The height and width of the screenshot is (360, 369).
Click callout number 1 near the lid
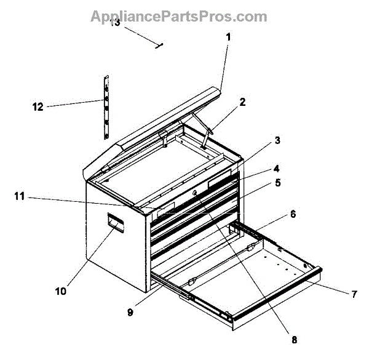pyautogui.click(x=228, y=37)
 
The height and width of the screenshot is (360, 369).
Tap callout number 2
pyautogui.click(x=242, y=103)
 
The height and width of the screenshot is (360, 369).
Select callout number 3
pyautogui.click(x=278, y=141)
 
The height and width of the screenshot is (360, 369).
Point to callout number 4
pyautogui.click(x=278, y=167)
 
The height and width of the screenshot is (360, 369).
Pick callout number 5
pyautogui.click(x=278, y=183)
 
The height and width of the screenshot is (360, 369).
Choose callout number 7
pyautogui.click(x=354, y=294)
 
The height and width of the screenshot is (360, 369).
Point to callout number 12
pyautogui.click(x=38, y=106)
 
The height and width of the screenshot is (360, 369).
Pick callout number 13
pyautogui.click(x=115, y=23)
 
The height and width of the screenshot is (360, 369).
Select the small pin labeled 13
pyautogui.click(x=159, y=44)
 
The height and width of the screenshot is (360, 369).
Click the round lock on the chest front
pyautogui.click(x=195, y=194)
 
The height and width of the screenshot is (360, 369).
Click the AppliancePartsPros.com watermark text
pyautogui.click(x=179, y=17)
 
